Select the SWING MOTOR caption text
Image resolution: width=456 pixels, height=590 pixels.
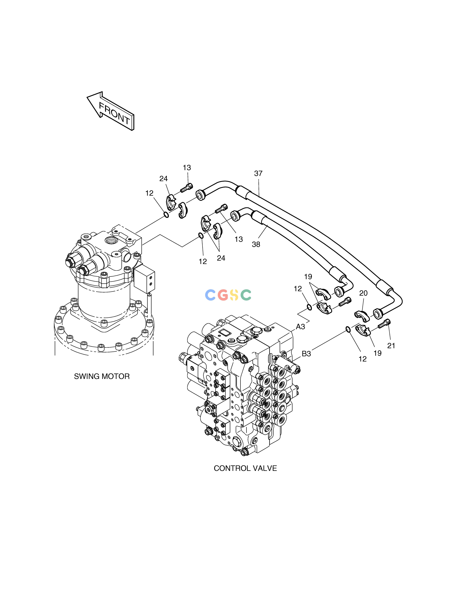pyautogui.click(x=102, y=376)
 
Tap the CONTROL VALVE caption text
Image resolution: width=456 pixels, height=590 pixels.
pyautogui.click(x=245, y=468)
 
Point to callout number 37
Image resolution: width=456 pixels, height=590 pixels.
pyautogui.click(x=258, y=173)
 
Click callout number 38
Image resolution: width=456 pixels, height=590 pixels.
pyautogui.click(x=256, y=244)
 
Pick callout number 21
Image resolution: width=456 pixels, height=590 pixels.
pyautogui.click(x=391, y=345)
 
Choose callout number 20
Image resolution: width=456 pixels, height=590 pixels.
pyautogui.click(x=363, y=293)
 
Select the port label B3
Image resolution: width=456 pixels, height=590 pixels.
pyautogui.click(x=306, y=354)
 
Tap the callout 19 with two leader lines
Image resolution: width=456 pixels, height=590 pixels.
pyautogui.click(x=308, y=277)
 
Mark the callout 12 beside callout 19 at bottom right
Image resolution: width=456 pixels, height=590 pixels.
pyautogui.click(x=363, y=359)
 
